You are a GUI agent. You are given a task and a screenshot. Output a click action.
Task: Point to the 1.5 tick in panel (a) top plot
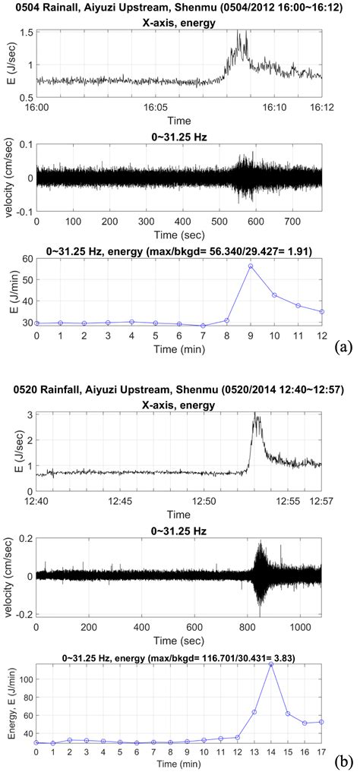26,33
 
